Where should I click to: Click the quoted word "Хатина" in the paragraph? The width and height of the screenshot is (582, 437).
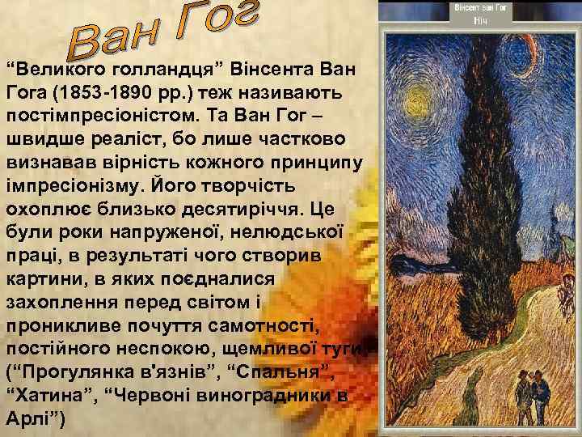(x=45, y=397)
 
